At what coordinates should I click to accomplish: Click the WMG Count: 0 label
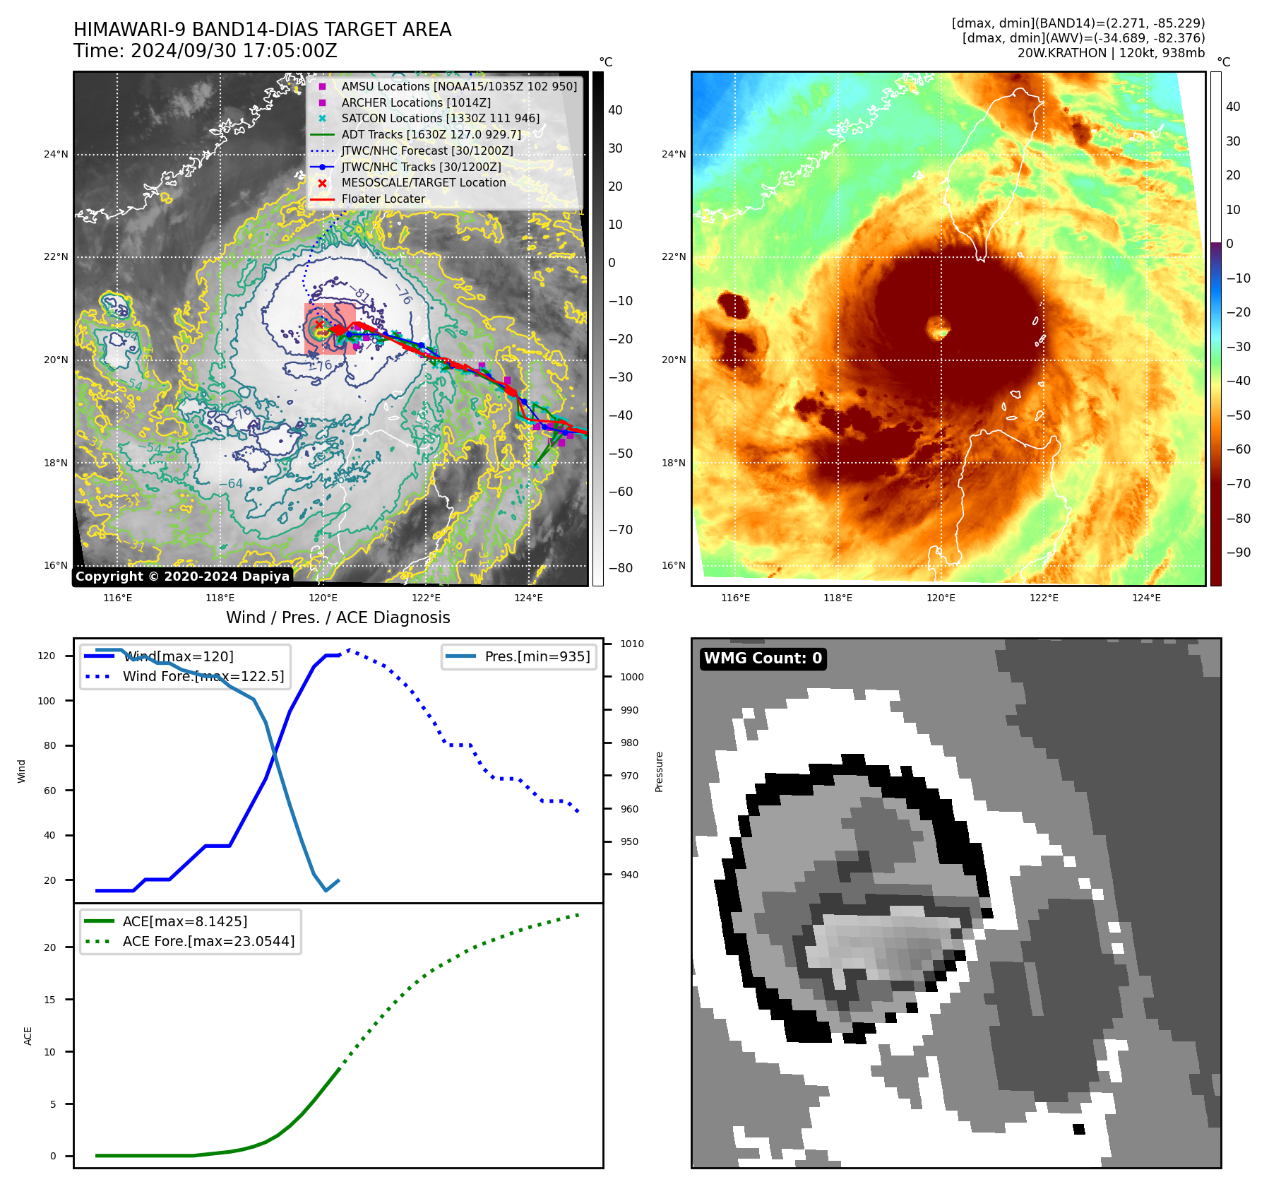(x=763, y=658)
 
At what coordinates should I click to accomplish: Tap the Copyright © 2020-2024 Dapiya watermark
(x=182, y=577)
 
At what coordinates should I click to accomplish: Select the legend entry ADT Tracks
(x=431, y=134)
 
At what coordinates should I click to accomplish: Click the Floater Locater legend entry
(x=383, y=199)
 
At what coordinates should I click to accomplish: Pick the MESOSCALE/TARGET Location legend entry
(x=423, y=183)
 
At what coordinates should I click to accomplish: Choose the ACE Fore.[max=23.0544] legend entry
(x=208, y=941)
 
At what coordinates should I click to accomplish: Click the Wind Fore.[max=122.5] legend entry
(x=203, y=676)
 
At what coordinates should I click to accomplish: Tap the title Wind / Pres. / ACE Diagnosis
(x=338, y=617)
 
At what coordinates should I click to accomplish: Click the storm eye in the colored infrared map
(x=939, y=328)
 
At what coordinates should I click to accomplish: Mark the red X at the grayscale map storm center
(x=319, y=324)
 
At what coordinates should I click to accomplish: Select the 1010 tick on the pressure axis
(x=631, y=644)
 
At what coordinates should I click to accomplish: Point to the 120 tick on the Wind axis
(x=47, y=656)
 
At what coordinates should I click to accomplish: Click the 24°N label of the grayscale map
(x=56, y=154)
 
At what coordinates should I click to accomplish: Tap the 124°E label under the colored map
(x=1146, y=598)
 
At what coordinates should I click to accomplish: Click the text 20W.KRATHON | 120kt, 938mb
(x=1111, y=53)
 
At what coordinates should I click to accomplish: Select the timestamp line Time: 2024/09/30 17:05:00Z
(x=205, y=51)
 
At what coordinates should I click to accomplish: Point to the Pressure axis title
(x=659, y=772)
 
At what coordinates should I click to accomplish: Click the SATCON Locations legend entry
(x=440, y=118)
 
